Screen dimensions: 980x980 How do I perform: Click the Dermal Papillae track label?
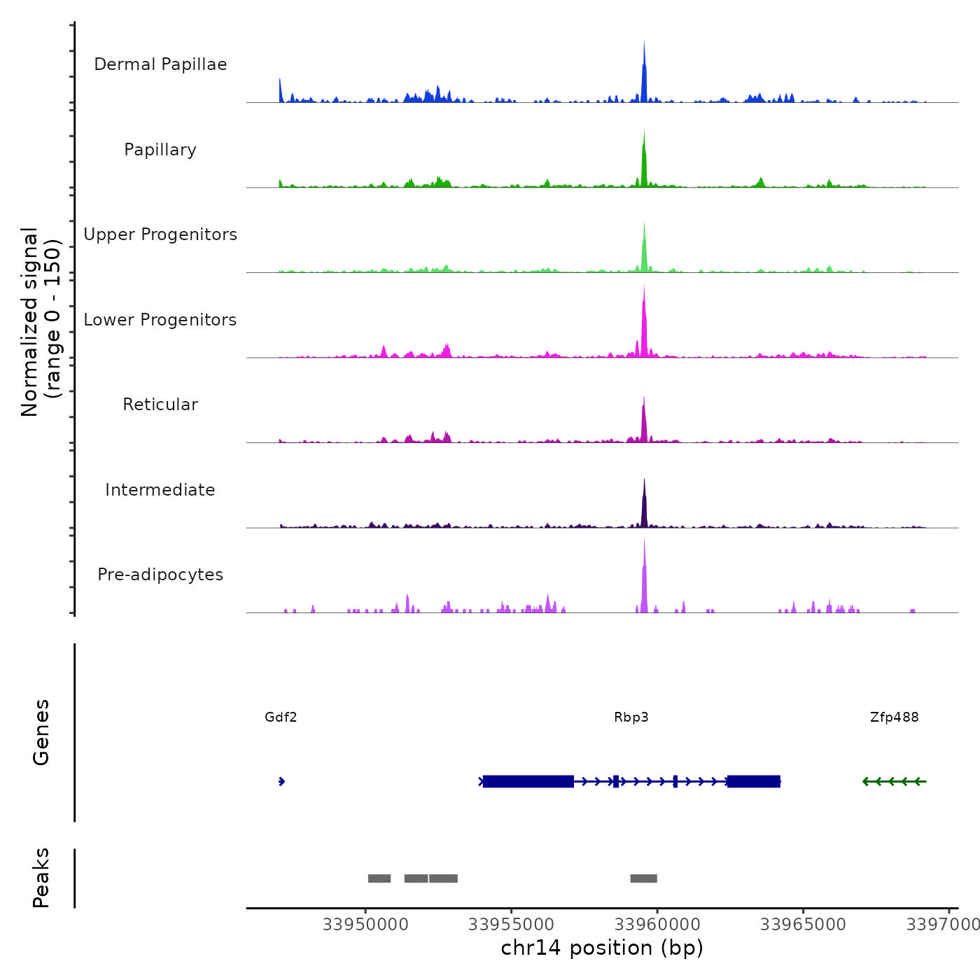tap(160, 64)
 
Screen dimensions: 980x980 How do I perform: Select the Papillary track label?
tap(160, 150)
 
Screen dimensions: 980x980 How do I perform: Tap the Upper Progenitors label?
tap(160, 234)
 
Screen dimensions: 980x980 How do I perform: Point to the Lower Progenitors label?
tap(160, 320)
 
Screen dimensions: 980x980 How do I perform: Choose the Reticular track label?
tap(160, 405)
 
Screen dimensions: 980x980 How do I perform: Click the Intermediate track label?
tap(160, 490)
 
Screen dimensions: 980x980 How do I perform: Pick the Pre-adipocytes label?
tap(160, 575)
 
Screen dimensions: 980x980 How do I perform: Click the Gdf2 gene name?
tap(281, 717)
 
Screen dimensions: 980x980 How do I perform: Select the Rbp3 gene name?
tap(631, 717)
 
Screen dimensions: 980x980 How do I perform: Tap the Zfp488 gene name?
tap(894, 717)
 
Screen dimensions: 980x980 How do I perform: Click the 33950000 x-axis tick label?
tap(365, 925)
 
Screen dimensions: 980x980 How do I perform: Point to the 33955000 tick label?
tap(511, 925)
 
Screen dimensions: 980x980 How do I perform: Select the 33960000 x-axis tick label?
tap(657, 925)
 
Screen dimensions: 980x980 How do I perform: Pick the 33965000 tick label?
tap(803, 925)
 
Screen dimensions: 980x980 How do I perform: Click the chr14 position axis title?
tap(602, 948)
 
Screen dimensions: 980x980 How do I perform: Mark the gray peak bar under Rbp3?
tap(643, 878)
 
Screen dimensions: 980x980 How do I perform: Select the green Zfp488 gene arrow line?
tap(895, 781)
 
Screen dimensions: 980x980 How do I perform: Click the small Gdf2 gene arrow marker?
tap(281, 781)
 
